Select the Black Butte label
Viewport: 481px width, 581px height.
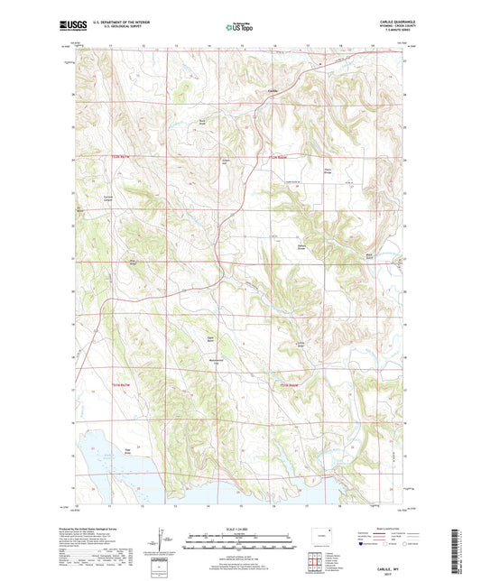click(x=369, y=257)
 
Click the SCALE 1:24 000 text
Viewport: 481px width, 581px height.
click(x=240, y=529)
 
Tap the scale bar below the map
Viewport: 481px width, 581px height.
click(x=240, y=544)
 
